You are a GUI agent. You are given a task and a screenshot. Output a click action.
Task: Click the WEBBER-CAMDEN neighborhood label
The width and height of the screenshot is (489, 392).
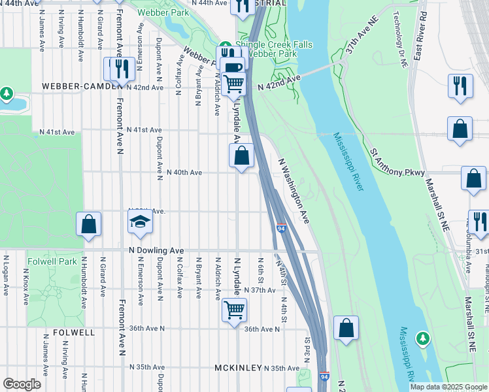83,86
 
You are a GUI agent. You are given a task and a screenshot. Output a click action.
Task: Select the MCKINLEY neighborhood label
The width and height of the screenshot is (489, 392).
239,368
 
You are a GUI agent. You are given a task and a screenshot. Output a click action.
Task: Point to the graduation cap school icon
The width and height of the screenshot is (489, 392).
140,223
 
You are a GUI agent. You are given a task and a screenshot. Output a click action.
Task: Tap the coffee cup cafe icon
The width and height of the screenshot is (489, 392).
232,67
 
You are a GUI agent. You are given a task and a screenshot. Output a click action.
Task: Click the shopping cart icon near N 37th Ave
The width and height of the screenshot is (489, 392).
234,309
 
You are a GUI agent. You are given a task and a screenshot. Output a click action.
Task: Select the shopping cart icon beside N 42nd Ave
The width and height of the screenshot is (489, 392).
233,84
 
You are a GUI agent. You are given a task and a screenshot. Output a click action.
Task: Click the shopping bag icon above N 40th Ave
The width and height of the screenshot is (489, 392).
241,155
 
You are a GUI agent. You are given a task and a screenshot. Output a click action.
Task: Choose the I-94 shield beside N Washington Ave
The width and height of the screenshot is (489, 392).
280,228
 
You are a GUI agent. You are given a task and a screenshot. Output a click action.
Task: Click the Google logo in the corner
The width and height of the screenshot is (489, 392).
22,384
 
